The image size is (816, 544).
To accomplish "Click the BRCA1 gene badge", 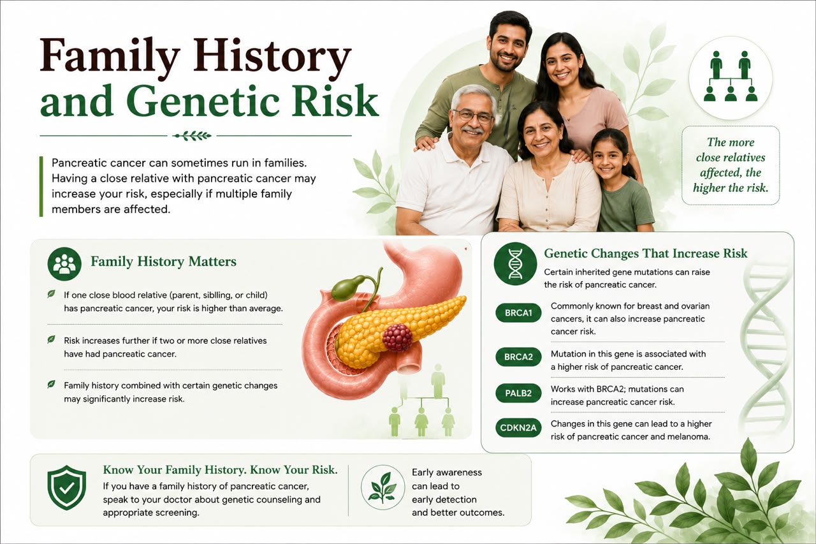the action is pos(518,312).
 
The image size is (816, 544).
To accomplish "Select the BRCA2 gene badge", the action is pos(518,357).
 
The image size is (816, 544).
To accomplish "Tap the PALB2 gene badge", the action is pos(518,393).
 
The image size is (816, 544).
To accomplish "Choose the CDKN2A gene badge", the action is pos(518,427).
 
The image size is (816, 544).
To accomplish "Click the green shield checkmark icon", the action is pos(67,487).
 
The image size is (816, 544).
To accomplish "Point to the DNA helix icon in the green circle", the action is pos(515,263).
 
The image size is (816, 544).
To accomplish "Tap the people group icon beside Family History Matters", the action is pos(64,264).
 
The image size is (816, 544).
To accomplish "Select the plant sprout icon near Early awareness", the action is pos(382,487).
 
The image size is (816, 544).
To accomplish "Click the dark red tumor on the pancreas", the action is pos(397,337).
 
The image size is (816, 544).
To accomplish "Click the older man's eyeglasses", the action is pos(473,116).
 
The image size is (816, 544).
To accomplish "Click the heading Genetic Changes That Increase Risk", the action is pos(646,254).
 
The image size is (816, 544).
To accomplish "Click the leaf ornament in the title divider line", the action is pos(192,136).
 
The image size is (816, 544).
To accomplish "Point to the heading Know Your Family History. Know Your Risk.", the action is pos(220,470).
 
